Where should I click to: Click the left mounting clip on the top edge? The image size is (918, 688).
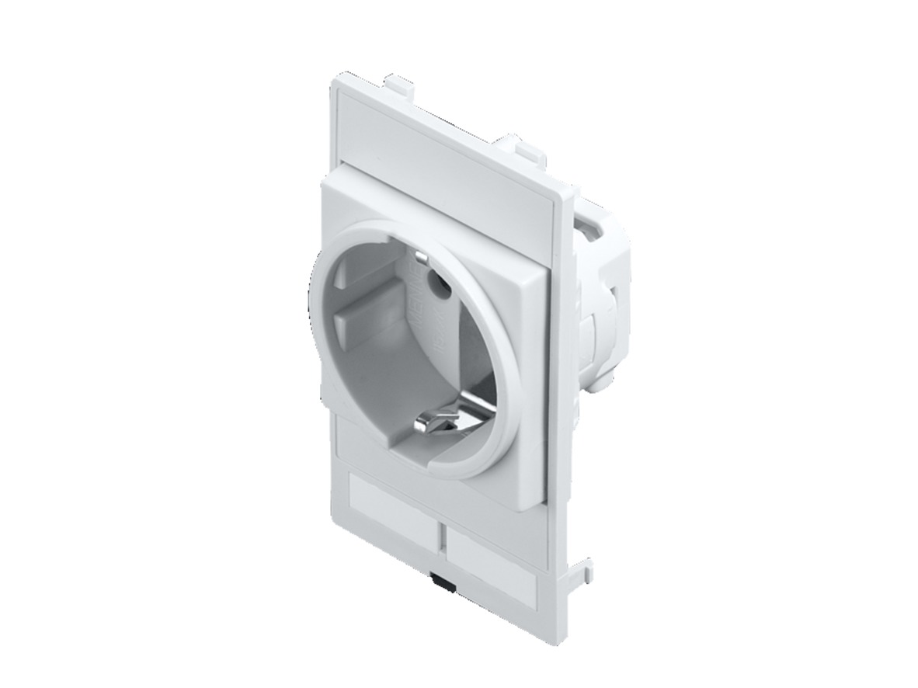click(x=398, y=80)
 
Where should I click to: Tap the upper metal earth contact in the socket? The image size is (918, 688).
click(x=420, y=259)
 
